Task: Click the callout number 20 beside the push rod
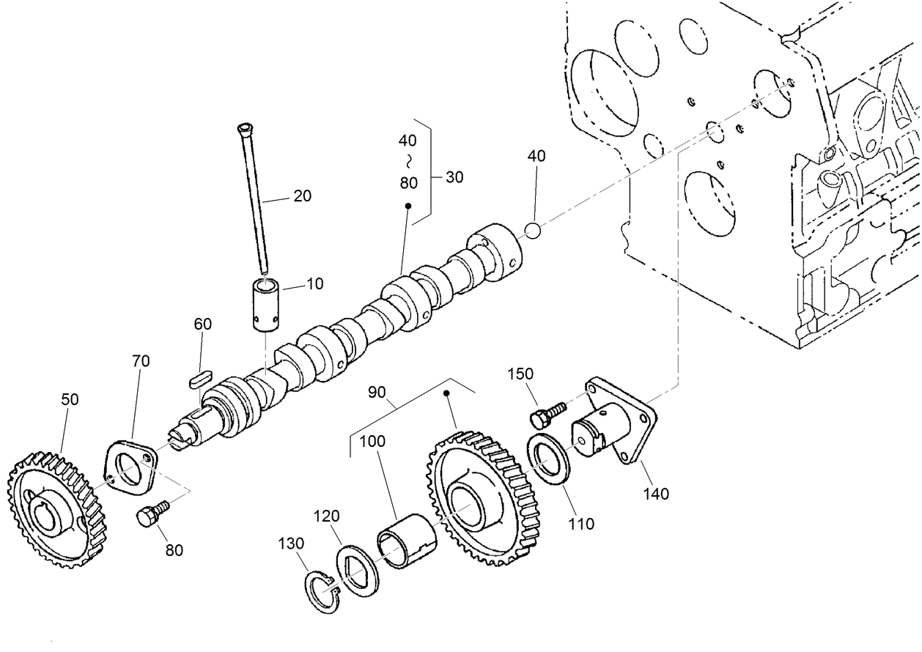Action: [x=302, y=196]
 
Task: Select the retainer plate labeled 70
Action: [x=130, y=469]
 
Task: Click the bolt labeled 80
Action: [x=151, y=514]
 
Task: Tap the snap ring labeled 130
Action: [x=321, y=590]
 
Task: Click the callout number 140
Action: [x=655, y=494]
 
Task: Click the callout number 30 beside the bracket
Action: [x=454, y=177]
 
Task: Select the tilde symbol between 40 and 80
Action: [x=408, y=161]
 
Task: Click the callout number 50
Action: [x=70, y=399]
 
